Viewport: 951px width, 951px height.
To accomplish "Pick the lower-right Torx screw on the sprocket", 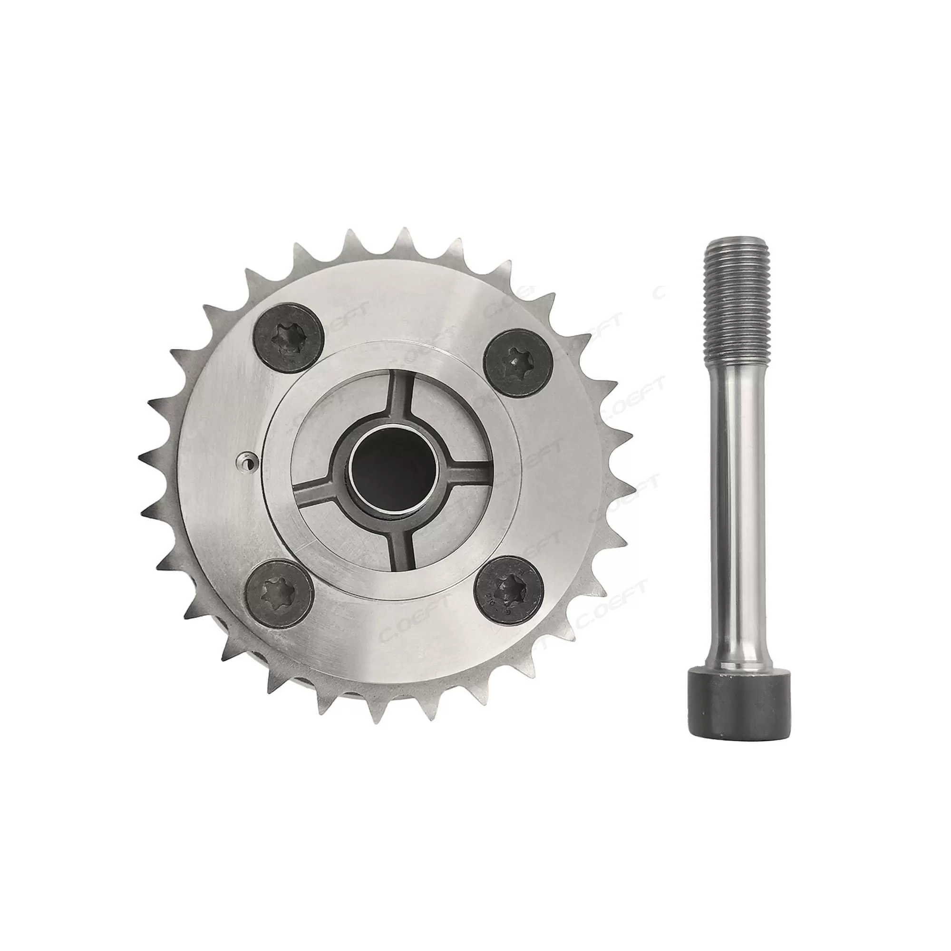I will point(511,590).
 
